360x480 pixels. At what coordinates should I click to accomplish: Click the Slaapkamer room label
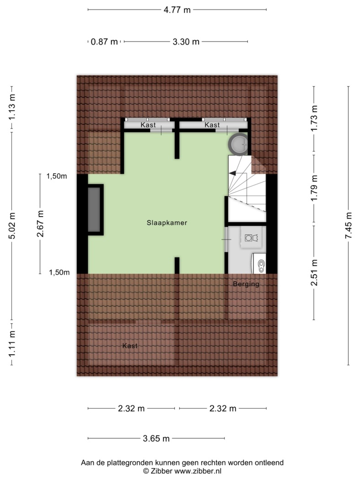point(167,223)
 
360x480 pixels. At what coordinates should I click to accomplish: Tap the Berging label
point(246,284)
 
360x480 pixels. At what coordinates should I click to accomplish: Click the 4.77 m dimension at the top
point(177,10)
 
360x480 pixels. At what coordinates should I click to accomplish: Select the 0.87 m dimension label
point(104,42)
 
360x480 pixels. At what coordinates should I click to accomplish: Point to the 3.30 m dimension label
point(186,42)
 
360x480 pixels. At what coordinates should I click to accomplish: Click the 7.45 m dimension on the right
point(349,226)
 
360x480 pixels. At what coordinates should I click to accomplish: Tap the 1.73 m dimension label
point(314,118)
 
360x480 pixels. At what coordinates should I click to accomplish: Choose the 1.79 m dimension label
point(314,188)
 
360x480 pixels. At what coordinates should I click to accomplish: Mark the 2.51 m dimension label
point(314,272)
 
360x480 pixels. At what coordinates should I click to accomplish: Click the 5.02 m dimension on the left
point(11,226)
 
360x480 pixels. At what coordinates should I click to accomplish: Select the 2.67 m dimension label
point(40,224)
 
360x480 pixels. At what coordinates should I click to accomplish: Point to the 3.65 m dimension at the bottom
point(156,439)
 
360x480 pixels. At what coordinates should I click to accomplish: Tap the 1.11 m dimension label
point(11,344)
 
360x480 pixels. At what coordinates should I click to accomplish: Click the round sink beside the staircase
point(239,144)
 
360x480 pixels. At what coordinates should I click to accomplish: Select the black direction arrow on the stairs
point(232,173)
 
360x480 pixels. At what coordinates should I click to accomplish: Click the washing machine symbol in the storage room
point(251,238)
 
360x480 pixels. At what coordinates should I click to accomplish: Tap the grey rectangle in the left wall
point(94,210)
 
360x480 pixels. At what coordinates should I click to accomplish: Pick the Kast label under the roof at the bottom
point(130,346)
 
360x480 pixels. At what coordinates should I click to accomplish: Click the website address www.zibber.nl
point(198,471)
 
